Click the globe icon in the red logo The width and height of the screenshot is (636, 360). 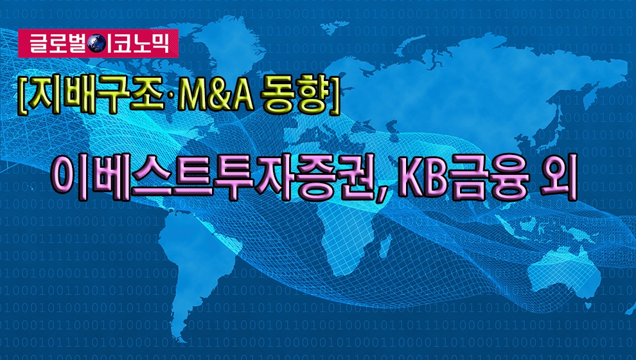[97, 44]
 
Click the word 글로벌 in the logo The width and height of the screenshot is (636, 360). [58, 44]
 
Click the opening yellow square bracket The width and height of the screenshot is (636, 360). [21, 96]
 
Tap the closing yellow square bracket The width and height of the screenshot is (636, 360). [334, 96]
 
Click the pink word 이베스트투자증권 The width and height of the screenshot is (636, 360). [213, 177]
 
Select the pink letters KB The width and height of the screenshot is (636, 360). [421, 177]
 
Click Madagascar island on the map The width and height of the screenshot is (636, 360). [385, 246]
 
